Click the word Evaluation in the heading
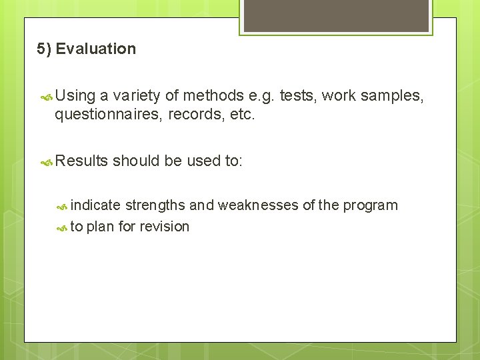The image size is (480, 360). coord(96,49)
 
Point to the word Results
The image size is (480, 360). coord(81,161)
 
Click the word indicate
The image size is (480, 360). coord(95,205)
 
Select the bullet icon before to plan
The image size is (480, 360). coord(62,227)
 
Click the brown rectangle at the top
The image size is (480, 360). coord(336,15)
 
